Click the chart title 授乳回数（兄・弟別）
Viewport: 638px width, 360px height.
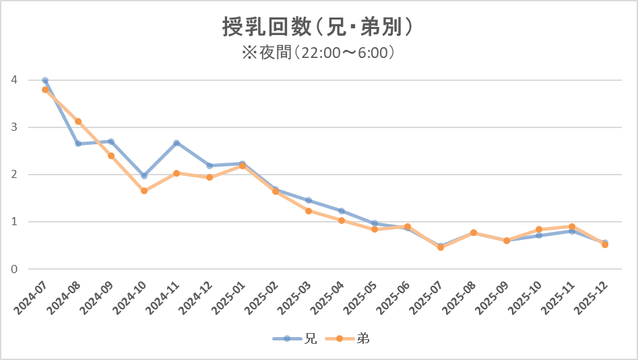pyautogui.click(x=318, y=27)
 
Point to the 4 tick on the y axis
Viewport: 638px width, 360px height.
pyautogui.click(x=13, y=80)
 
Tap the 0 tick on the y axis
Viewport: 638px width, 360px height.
pyautogui.click(x=13, y=269)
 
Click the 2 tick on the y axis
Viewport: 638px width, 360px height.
pyautogui.click(x=13, y=175)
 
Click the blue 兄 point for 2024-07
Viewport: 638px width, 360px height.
pyautogui.click(x=45, y=80)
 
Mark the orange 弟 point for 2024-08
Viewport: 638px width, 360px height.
pyautogui.click(x=78, y=121)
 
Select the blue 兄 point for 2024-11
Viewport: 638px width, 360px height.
pyautogui.click(x=177, y=143)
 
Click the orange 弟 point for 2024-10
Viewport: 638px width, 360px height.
pyautogui.click(x=144, y=191)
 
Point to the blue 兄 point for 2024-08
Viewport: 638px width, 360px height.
pyautogui.click(x=78, y=144)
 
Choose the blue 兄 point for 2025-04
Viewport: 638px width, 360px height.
pyautogui.click(x=342, y=211)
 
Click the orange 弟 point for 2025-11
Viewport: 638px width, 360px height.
pyautogui.click(x=572, y=227)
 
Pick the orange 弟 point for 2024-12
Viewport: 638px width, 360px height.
pyautogui.click(x=210, y=177)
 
